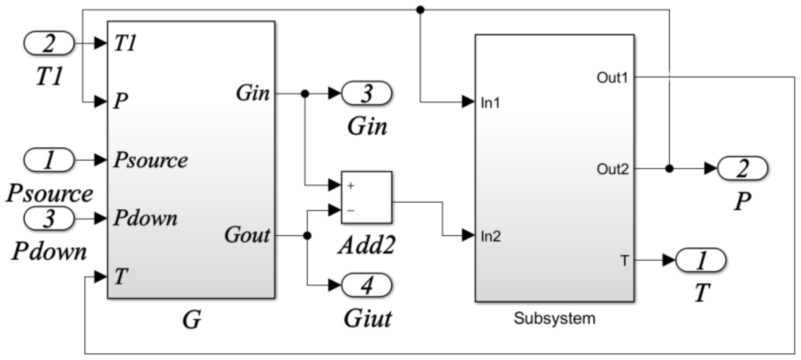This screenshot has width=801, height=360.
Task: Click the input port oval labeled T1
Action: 49,43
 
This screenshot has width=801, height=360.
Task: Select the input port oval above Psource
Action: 49,160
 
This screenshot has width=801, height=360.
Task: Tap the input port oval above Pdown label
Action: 49,218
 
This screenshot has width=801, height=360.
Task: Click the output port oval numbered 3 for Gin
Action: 367,93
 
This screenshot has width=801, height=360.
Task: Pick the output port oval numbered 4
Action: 367,285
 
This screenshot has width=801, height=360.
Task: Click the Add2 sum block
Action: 367,197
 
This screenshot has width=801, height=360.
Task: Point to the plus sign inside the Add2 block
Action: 350,186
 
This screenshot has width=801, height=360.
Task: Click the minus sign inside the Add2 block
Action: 350,211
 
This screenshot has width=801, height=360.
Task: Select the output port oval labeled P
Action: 742,169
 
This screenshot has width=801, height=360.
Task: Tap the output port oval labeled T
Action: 701,260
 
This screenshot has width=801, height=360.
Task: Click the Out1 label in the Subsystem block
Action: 612,78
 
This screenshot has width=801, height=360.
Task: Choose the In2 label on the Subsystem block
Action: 491,236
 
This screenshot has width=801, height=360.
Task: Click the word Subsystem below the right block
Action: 555,318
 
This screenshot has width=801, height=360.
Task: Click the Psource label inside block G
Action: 151,160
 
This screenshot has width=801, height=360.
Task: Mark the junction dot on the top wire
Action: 420,10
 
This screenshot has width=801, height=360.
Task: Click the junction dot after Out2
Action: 670,169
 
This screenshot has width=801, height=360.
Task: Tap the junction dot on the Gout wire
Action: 307,236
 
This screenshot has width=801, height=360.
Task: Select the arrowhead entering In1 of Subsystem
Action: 468,102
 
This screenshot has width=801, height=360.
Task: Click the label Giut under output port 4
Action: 367,319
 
